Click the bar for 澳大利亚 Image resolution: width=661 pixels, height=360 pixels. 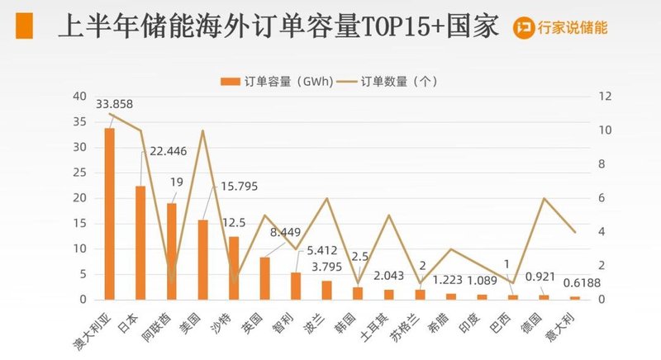click(x=109, y=214)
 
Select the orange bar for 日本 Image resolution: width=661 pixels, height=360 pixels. click(x=140, y=243)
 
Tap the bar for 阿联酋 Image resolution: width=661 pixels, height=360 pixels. click(x=171, y=251)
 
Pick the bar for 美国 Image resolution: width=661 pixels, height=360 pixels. click(x=202, y=259)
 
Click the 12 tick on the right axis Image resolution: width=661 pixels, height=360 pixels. click(x=603, y=97)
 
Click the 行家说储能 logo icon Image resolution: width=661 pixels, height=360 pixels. click(x=522, y=27)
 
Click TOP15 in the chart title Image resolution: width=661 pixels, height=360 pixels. click(x=393, y=27)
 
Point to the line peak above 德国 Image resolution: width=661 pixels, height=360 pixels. click(x=544, y=198)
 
